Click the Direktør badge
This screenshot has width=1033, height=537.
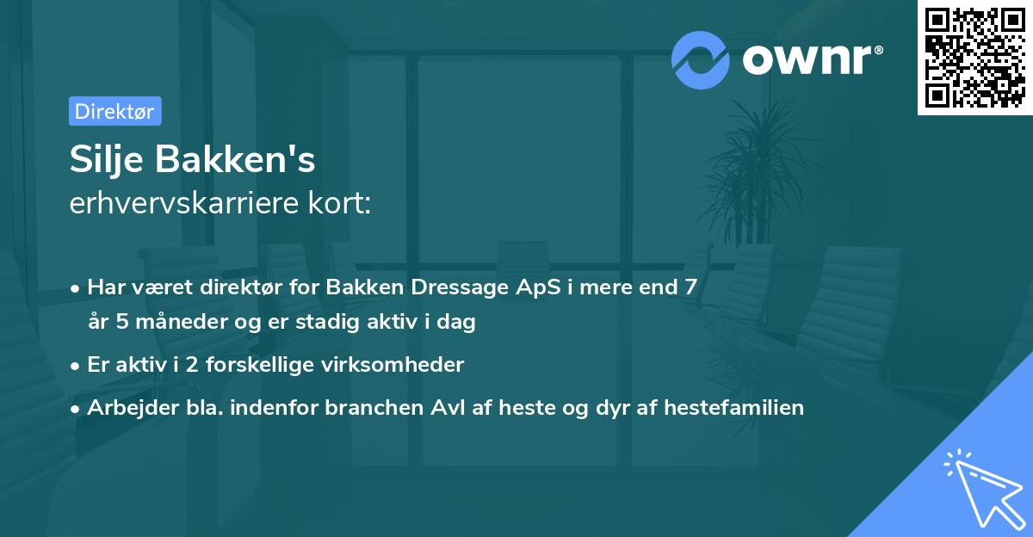coord(114,111)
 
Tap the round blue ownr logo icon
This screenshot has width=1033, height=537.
coord(701,59)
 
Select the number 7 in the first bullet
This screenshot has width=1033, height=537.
coord(690,287)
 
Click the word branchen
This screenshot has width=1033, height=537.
coord(373,407)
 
